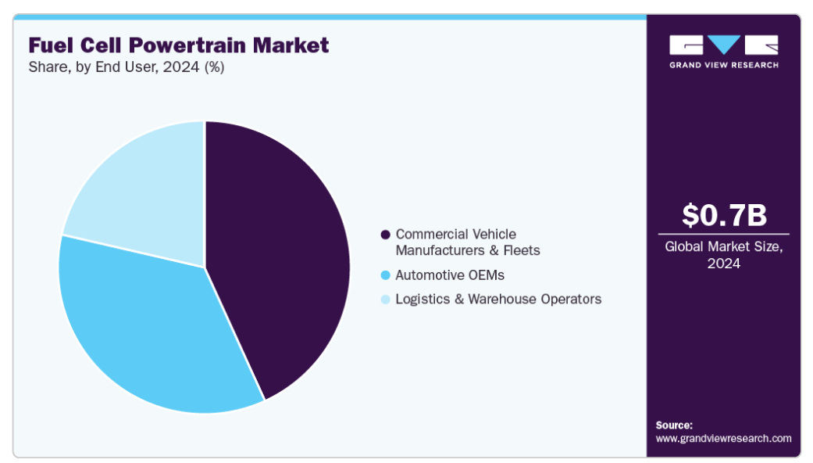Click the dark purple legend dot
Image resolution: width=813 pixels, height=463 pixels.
[385, 235]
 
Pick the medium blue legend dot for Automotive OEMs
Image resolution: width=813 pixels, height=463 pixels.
[385, 275]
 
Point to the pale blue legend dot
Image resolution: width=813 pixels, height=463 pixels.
[385, 300]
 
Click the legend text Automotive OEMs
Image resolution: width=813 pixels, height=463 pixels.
[450, 275]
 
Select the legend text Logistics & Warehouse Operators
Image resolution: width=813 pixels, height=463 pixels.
[498, 300]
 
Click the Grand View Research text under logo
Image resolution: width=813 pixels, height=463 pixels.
[723, 65]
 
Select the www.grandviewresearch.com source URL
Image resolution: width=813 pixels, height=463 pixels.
[723, 439]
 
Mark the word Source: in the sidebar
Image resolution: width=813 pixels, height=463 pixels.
[674, 425]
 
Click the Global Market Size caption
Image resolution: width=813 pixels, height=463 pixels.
[723, 247]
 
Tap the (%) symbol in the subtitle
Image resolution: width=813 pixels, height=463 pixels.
[214, 67]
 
